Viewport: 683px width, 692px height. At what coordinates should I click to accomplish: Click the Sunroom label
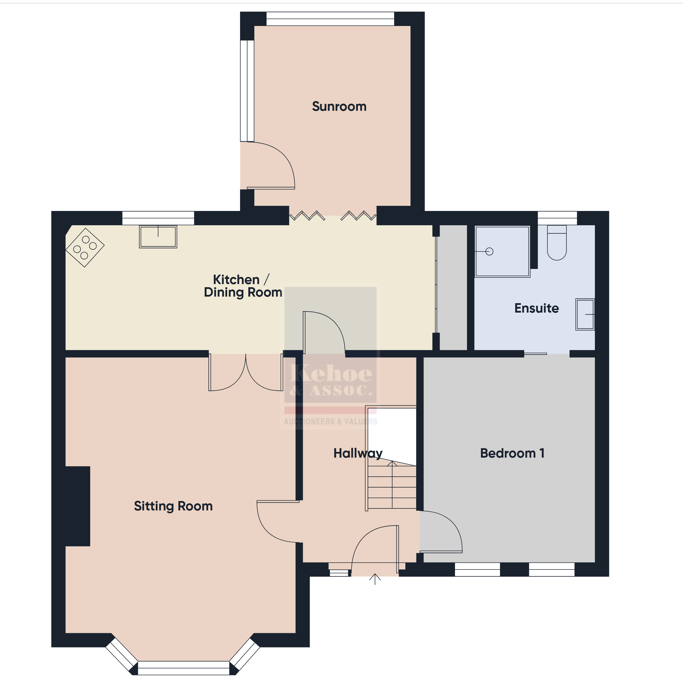339,106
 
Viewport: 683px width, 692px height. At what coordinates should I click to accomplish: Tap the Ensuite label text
537,308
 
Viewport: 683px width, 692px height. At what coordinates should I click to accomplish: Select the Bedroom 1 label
512,453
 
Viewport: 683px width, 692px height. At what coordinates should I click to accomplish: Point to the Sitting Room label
173,506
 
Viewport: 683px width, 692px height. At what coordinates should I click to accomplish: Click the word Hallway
358,453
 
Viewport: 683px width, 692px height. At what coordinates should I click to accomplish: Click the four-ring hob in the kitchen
85,248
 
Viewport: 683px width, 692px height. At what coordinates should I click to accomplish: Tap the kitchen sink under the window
158,237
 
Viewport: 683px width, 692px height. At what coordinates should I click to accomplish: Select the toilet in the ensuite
557,242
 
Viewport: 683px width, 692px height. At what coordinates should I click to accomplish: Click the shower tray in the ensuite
502,252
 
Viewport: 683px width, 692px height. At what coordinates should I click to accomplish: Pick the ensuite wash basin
585,314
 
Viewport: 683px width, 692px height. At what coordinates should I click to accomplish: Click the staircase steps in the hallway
392,485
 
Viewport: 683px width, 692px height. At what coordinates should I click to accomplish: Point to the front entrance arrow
375,579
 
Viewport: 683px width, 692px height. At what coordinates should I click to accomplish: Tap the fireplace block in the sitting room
77,506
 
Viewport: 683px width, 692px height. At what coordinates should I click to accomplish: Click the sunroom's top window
330,19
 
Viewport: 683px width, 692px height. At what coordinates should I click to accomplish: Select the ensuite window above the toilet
557,218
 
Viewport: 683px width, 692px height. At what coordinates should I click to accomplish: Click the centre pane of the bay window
183,668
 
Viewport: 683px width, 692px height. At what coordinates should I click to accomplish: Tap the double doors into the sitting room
246,373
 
